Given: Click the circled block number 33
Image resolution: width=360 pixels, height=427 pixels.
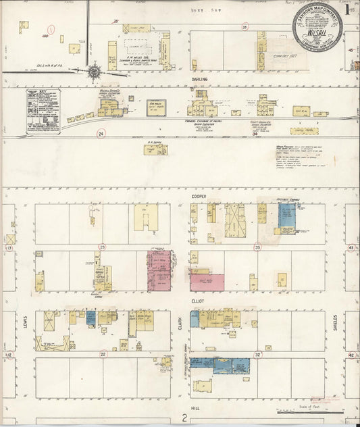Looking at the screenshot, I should tap(257, 247).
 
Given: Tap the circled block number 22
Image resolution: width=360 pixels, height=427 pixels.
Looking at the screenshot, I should tap(103, 354).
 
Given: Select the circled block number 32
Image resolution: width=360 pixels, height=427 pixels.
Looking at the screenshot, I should tap(257, 354).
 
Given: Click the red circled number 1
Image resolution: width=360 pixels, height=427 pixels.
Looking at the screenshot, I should tap(51, 29).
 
